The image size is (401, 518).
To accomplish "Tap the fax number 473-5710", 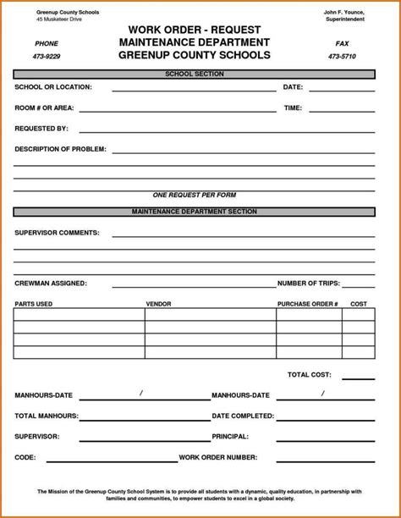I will (342, 57).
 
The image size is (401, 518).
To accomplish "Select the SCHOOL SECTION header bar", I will (194, 74).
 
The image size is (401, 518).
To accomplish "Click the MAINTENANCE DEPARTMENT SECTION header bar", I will (194, 212).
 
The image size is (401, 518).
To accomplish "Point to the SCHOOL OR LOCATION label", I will (53, 87).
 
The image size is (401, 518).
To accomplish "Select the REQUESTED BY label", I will (41, 129).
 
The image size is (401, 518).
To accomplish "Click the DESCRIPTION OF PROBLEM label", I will (60, 149).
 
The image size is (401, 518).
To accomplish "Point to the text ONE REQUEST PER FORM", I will (194, 195).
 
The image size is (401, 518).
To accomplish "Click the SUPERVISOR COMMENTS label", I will (57, 232).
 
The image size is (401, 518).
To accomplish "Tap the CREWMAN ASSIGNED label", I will (51, 284).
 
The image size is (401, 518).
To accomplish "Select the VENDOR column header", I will (158, 303).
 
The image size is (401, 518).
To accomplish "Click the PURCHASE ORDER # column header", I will (307, 303).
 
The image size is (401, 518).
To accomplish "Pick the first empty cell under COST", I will (358, 315).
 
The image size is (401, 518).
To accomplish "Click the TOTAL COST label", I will (309, 374).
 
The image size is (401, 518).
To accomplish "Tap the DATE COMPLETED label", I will (243, 416).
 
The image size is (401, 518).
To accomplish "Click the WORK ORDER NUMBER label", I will (217, 457).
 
